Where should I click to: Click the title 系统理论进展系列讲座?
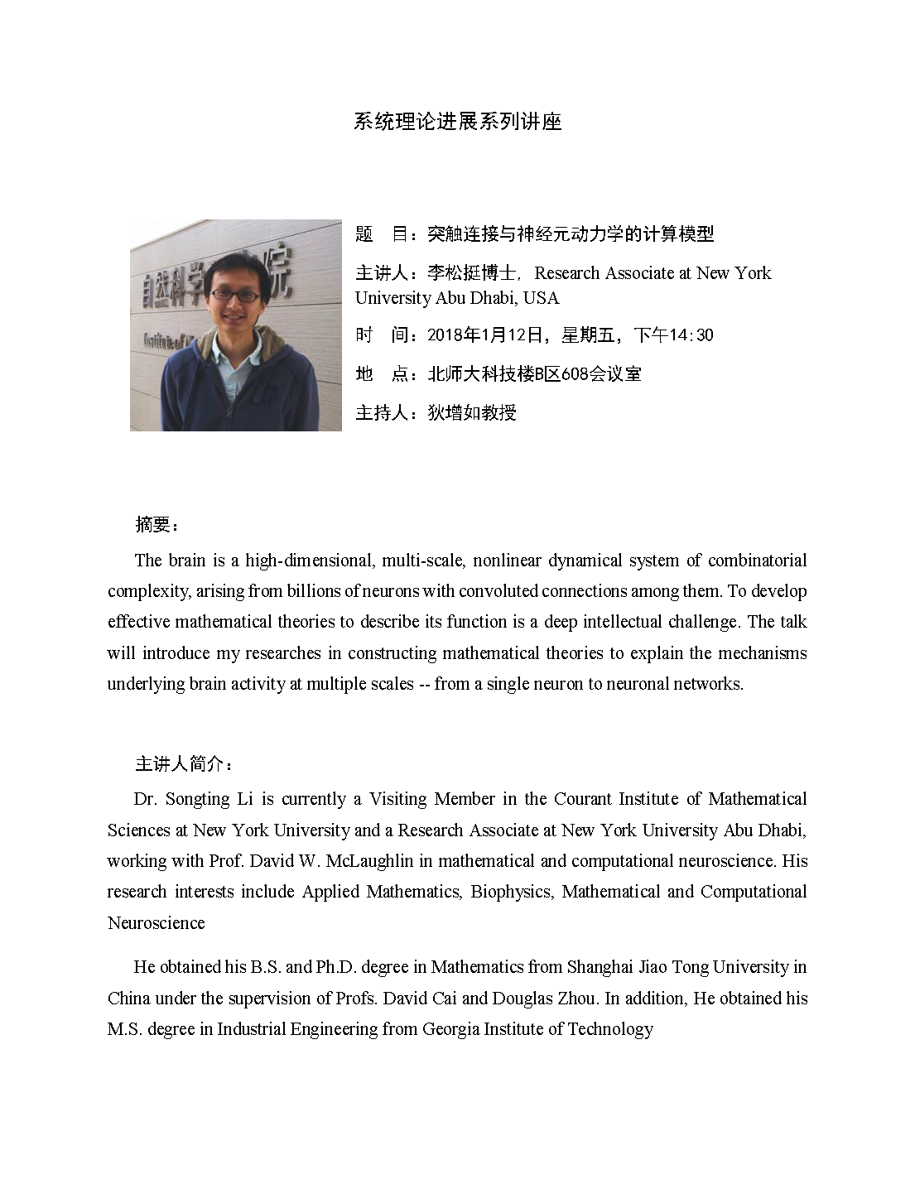(x=457, y=123)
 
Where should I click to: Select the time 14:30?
(x=693, y=335)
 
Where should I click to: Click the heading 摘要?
(x=153, y=524)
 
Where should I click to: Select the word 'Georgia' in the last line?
(x=450, y=1029)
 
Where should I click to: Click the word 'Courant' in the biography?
(x=583, y=799)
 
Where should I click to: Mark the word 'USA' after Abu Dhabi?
(x=542, y=298)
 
